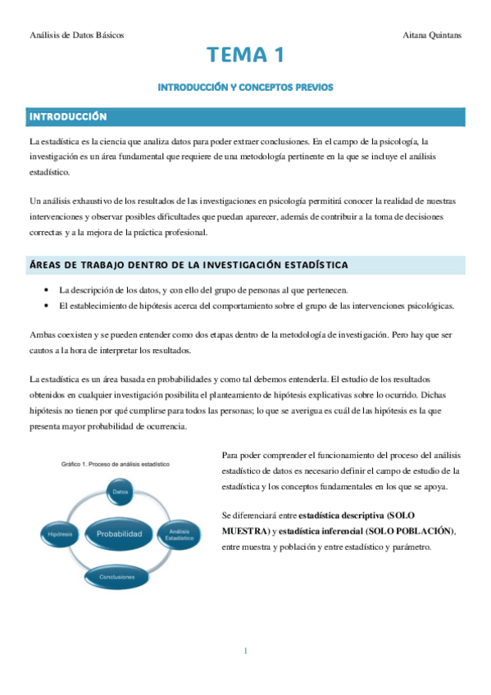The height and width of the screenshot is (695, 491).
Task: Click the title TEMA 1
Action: click(x=245, y=56)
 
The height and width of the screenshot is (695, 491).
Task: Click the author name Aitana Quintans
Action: click(x=432, y=35)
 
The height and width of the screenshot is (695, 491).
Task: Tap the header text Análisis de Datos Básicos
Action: click(x=76, y=35)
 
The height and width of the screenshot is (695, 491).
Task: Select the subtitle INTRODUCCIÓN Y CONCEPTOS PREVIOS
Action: click(x=245, y=87)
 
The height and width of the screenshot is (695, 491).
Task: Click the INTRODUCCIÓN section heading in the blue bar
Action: click(x=68, y=116)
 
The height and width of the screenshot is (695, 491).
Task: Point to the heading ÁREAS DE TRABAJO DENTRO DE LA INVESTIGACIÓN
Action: click(x=188, y=265)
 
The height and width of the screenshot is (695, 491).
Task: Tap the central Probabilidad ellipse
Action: click(x=120, y=534)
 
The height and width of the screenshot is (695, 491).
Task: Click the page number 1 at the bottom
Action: click(x=245, y=651)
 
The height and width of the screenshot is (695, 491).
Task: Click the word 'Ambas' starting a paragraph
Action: click(x=41, y=335)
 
